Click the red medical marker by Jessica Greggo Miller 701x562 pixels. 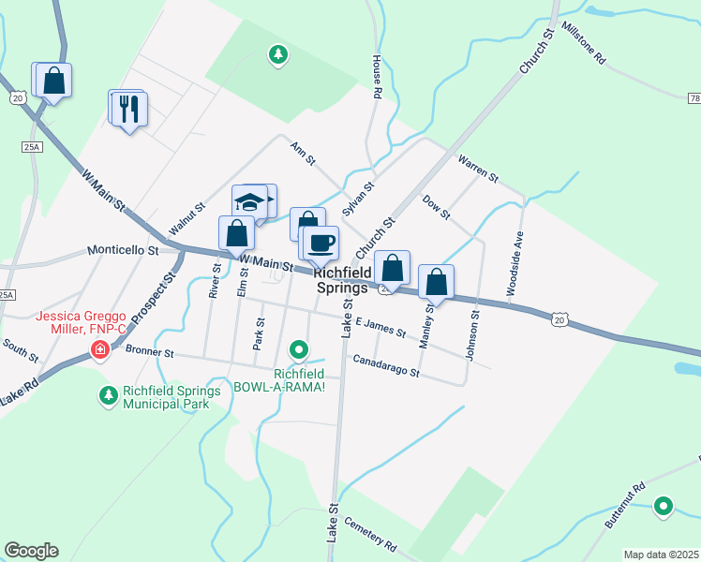[99, 350]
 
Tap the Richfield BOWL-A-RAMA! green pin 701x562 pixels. [299, 351]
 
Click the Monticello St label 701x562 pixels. [124, 251]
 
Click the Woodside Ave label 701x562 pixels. [515, 263]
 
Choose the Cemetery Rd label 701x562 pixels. [370, 533]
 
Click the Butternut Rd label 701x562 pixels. [626, 505]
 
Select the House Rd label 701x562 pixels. [377, 77]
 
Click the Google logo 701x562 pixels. [31, 551]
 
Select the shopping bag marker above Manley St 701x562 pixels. [436, 281]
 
